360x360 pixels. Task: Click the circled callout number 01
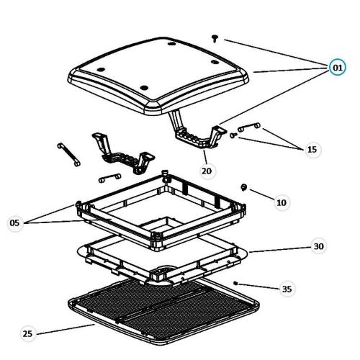pos(338,68)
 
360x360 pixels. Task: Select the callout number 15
pos(312,150)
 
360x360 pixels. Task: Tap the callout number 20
pos(207,171)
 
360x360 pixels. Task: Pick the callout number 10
pos(282,203)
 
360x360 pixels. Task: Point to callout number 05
pos(14,223)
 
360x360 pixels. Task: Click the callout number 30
pos(319,246)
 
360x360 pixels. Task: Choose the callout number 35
pos(287,289)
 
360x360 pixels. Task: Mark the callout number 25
pos(27,333)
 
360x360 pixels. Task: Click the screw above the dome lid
pos(215,38)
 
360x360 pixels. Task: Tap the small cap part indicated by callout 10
pos(244,187)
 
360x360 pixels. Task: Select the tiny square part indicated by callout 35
pos(235,284)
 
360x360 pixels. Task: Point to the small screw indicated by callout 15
pos(233,135)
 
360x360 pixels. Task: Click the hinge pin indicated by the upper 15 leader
pos(249,127)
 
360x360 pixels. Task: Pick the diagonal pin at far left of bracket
pos(68,154)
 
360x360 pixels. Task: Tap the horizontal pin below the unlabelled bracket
pos(109,178)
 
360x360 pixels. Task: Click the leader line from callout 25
pos(66,329)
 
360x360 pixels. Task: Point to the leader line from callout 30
pos(281,250)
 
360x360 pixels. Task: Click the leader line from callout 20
pos(206,157)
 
